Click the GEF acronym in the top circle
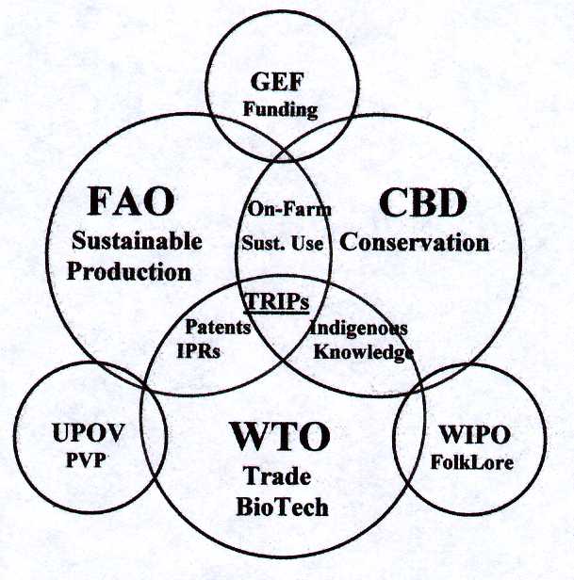click(x=277, y=82)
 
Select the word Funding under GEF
click(x=280, y=110)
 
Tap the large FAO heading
click(x=131, y=201)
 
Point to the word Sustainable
click(x=137, y=241)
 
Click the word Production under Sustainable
click(x=129, y=271)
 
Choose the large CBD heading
click(x=423, y=202)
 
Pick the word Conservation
click(x=415, y=243)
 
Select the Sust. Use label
click(x=282, y=243)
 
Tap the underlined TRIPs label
click(x=276, y=301)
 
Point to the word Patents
click(x=218, y=327)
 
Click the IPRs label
click(x=199, y=350)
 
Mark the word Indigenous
click(x=358, y=329)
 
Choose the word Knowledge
click(x=364, y=352)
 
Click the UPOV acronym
click(x=89, y=432)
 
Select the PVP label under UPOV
click(x=86, y=460)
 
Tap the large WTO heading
click(x=280, y=437)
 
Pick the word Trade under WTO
click(x=276, y=476)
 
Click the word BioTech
click(x=282, y=507)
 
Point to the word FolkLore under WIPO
click(x=472, y=462)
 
